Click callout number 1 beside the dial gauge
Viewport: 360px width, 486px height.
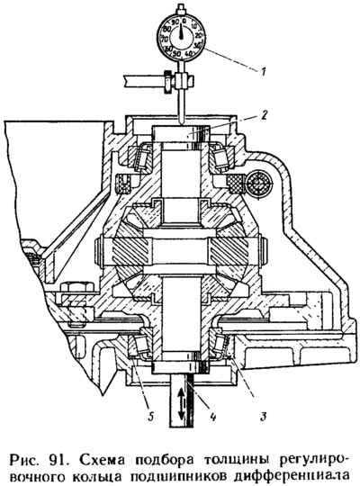pyautogui.click(x=263, y=72)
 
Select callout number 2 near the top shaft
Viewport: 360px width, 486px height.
pyautogui.click(x=263, y=115)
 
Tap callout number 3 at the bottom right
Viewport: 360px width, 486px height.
pyautogui.click(x=264, y=417)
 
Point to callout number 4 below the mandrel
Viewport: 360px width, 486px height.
pyautogui.click(x=212, y=417)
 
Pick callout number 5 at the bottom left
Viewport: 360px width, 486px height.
pyautogui.click(x=150, y=417)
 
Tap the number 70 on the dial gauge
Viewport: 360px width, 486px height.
pyautogui.click(x=165, y=40)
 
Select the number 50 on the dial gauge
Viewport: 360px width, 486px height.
pyautogui.click(x=176, y=53)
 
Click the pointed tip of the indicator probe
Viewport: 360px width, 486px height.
pyautogui.click(x=182, y=124)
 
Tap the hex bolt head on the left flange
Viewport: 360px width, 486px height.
pyautogui.click(x=76, y=287)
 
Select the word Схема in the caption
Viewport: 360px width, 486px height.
pyautogui.click(x=98, y=459)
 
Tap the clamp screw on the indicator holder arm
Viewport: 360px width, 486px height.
pyautogui.click(x=167, y=82)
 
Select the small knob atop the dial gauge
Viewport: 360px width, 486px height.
pyautogui.click(x=181, y=7)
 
